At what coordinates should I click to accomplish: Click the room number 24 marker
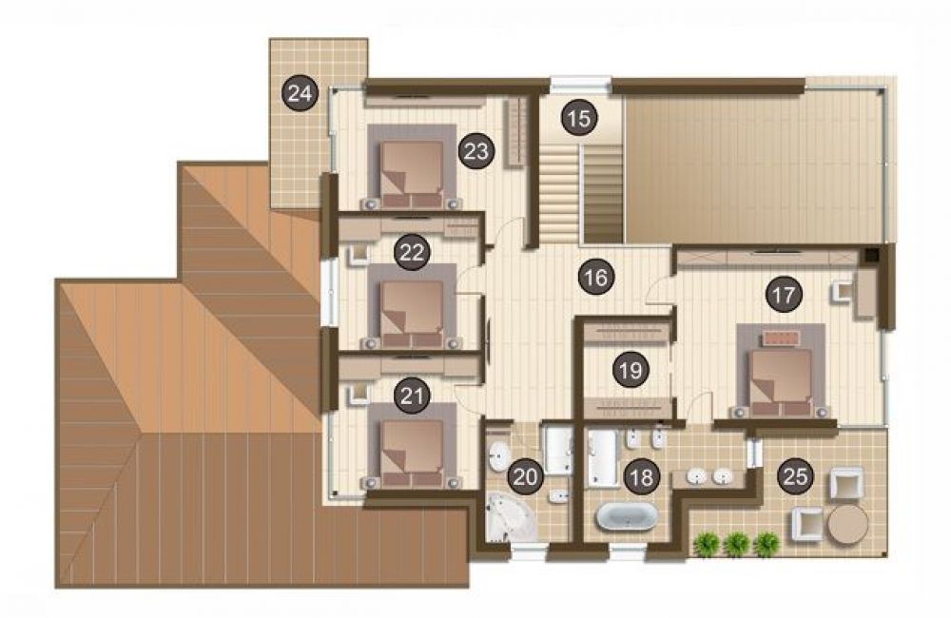tap(301, 93)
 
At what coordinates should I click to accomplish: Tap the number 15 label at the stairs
tap(580, 118)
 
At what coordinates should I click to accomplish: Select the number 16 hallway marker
tap(596, 278)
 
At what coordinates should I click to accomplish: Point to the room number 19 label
tap(631, 369)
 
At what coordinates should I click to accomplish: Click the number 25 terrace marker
tap(795, 476)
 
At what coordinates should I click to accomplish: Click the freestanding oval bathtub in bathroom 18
tap(627, 517)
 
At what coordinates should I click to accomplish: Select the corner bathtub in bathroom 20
tap(509, 516)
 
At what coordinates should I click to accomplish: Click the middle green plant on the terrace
tap(736, 544)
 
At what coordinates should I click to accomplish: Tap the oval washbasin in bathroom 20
tap(499, 456)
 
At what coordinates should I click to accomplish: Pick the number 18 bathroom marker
tap(641, 477)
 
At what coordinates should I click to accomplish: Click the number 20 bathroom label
tap(525, 476)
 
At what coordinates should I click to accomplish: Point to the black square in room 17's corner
tap(870, 255)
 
